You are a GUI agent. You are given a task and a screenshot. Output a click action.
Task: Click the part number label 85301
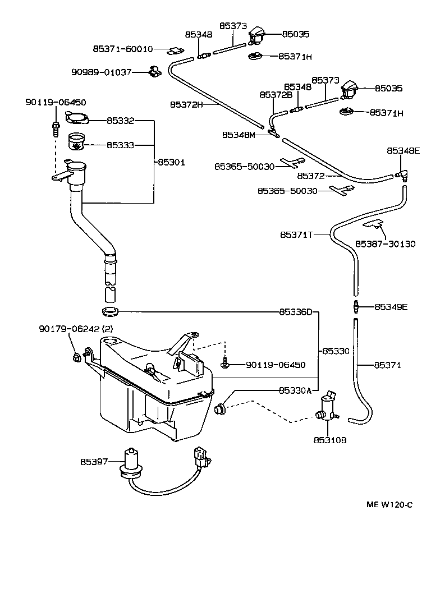pos(171,162)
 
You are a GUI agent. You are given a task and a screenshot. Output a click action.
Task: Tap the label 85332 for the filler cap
pos(120,120)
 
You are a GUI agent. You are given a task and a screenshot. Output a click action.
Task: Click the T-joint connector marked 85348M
pos(274,134)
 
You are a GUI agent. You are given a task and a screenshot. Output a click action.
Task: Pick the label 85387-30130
pos(385,244)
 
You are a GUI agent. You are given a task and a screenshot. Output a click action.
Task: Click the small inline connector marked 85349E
pos(355,307)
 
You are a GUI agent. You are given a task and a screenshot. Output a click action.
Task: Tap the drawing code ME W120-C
pos(389,504)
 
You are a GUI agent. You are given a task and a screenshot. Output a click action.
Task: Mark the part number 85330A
pos(295,390)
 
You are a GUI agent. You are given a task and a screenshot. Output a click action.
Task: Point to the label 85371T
pos(296,234)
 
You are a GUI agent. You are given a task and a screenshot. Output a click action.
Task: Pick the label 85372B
pos(276,95)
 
